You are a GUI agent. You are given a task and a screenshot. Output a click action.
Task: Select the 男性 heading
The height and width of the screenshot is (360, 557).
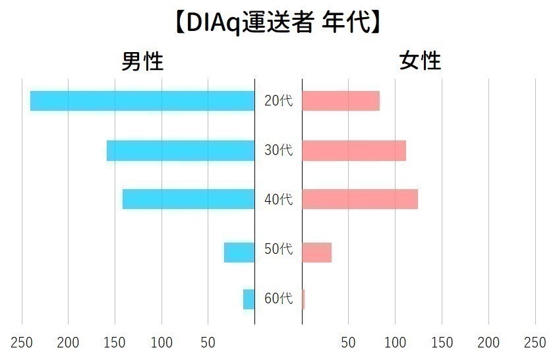coord(142,61)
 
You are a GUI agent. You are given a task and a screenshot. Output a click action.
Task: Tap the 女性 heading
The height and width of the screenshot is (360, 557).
coord(421,61)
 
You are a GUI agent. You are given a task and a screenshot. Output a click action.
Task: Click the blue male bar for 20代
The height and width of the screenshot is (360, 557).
coord(142,101)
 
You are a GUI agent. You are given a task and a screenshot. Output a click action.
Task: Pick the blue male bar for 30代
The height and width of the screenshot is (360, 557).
coord(181,151)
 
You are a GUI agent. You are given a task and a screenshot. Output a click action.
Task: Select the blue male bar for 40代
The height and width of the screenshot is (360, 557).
coord(189,199)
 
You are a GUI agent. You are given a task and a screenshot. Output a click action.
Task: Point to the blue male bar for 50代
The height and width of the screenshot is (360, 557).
coord(239,253)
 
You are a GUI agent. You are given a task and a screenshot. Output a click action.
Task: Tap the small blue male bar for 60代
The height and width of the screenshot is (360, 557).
coord(249,299)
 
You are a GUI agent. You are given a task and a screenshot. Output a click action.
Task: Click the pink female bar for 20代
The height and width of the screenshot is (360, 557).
coord(341,101)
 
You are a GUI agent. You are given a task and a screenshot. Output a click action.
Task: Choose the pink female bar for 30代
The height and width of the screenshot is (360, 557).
coord(354,151)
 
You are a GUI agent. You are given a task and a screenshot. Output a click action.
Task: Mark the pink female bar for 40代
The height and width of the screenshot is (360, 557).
coord(360,199)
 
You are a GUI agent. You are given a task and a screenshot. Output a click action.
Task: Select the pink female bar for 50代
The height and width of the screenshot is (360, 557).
coord(316,253)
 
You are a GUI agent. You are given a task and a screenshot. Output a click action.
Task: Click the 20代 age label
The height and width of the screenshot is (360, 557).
coord(278,101)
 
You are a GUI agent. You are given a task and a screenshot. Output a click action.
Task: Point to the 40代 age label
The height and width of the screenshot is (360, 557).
coord(278,199)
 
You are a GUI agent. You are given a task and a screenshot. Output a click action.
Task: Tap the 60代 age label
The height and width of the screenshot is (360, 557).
coord(278,299)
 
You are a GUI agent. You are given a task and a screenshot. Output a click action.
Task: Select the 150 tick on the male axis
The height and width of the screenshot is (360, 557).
coord(115,343)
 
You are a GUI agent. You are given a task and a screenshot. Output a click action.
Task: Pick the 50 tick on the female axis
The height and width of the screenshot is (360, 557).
coord(348,343)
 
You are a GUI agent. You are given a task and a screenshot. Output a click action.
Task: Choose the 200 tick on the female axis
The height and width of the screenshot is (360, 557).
coord(488,343)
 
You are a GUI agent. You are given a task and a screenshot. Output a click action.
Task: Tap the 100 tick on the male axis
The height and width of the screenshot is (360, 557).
coord(161,343)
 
